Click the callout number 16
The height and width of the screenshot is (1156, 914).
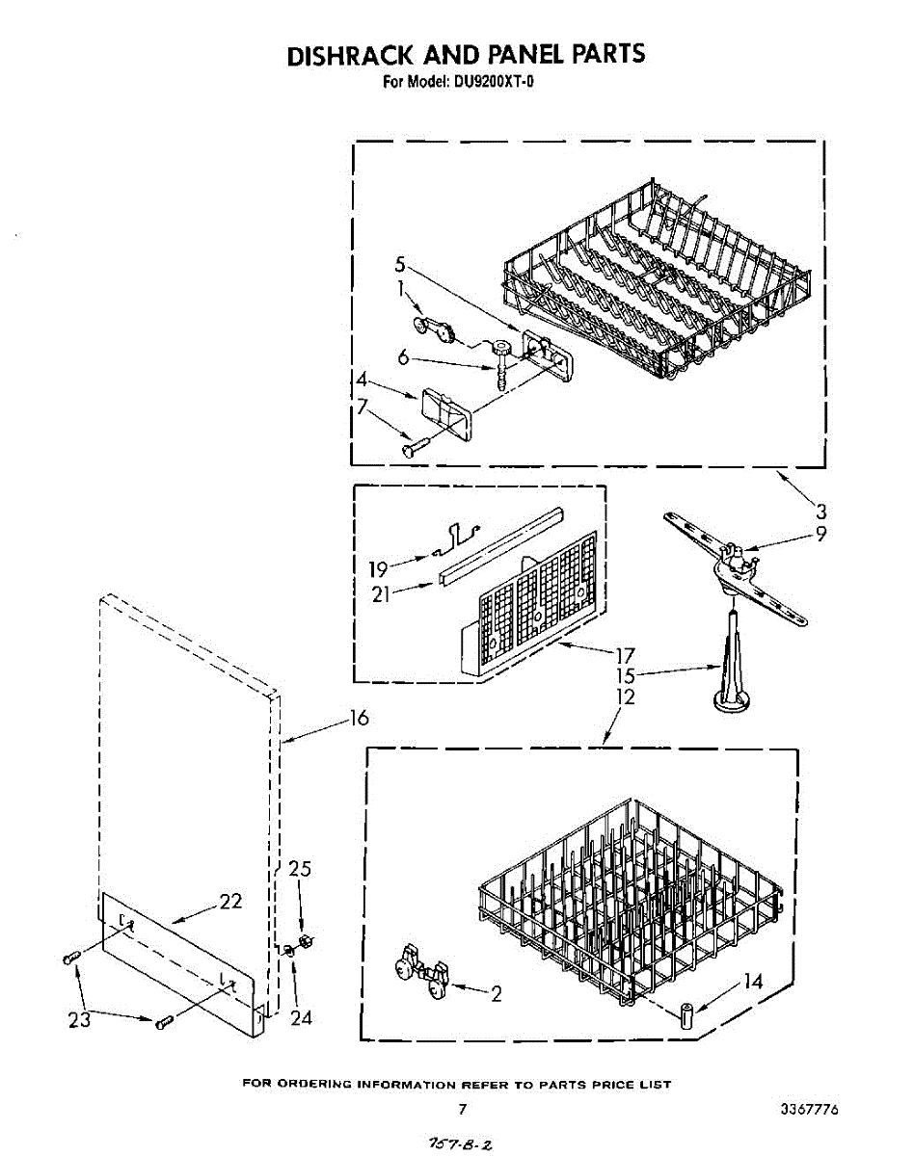point(359,719)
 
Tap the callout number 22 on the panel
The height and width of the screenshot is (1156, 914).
point(229,902)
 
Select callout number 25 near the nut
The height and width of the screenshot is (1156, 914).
point(301,870)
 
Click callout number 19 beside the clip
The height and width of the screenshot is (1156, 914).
point(377,569)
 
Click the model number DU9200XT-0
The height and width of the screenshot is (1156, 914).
point(491,82)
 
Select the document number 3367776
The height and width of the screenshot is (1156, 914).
point(809,1109)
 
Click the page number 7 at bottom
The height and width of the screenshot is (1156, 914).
point(463,1109)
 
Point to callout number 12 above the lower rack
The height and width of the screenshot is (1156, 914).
point(626,697)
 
